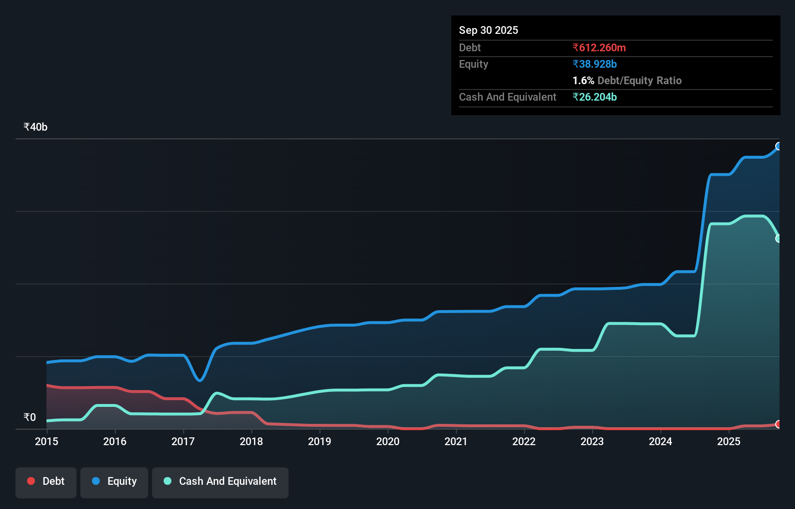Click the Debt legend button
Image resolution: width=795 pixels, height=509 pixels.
pyautogui.click(x=46, y=482)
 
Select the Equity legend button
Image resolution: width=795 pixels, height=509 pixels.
pyautogui.click(x=114, y=482)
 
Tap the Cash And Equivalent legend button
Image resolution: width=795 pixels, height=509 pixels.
pyautogui.click(x=220, y=482)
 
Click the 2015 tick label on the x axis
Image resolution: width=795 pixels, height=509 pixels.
pyautogui.click(x=46, y=441)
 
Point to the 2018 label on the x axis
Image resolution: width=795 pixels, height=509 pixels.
pyautogui.click(x=251, y=441)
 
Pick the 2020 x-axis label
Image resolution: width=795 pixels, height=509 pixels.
pyautogui.click(x=388, y=441)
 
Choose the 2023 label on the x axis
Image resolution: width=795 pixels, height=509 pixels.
pyautogui.click(x=592, y=441)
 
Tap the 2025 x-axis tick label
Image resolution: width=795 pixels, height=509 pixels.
pyautogui.click(x=729, y=441)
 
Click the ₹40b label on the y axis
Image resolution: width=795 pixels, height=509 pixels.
pyautogui.click(x=35, y=127)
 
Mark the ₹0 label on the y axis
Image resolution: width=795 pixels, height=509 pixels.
pyautogui.click(x=30, y=418)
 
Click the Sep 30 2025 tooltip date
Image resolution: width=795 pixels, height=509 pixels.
pyautogui.click(x=488, y=30)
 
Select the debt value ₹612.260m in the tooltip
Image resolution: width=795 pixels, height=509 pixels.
pyautogui.click(x=599, y=48)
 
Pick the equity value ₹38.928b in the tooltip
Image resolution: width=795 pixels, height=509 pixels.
pyautogui.click(x=595, y=64)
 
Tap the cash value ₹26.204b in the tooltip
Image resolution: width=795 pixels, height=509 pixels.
pyautogui.click(x=595, y=97)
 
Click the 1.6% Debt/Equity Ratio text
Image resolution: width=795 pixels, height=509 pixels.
pyautogui.click(x=627, y=81)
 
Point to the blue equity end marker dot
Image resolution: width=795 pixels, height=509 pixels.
pyautogui.click(x=779, y=146)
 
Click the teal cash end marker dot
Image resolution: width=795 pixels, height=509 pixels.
pyautogui.click(x=779, y=239)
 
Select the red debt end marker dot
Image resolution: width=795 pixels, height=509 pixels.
pyautogui.click(x=779, y=424)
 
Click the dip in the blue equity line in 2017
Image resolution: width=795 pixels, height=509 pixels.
pyautogui.click(x=199, y=380)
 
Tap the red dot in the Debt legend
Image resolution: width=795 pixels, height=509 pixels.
pyautogui.click(x=31, y=481)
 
